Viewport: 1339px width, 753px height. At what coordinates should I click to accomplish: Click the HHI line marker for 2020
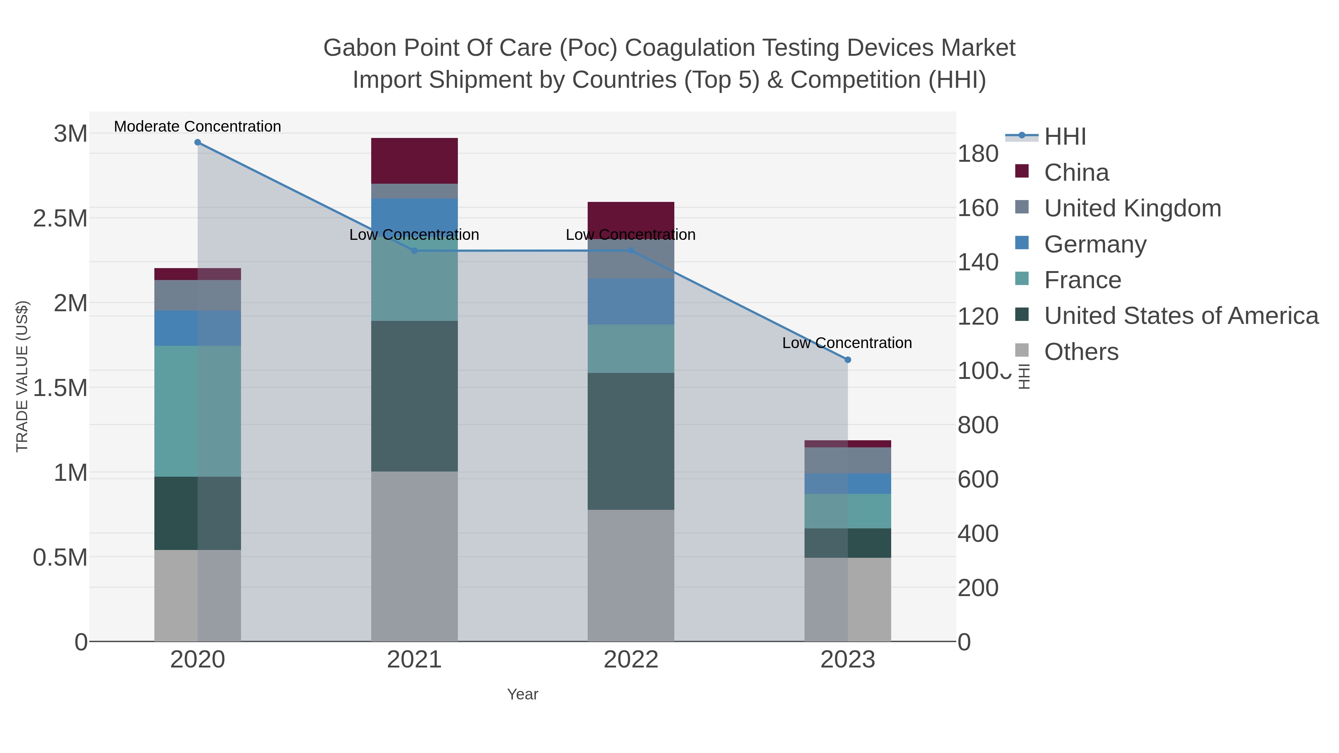coord(198,142)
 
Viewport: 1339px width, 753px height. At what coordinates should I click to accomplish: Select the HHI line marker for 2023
coord(848,360)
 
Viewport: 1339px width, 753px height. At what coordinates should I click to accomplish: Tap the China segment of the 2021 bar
coord(414,161)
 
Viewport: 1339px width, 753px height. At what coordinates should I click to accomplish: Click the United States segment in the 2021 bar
coord(414,396)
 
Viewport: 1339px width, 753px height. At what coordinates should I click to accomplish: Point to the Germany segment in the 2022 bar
coord(630,302)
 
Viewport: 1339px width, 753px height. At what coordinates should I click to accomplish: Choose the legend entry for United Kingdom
coord(1132,208)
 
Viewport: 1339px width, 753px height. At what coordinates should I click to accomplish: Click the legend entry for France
coord(1082,280)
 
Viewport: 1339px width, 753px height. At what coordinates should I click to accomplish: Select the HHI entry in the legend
coord(1065,137)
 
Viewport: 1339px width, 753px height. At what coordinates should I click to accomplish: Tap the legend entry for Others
coord(1080,352)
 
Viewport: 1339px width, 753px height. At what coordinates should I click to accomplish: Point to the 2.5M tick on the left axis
coord(60,219)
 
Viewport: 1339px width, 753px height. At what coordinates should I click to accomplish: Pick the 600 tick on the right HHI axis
coord(978,479)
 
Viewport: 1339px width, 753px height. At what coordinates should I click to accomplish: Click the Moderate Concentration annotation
coord(198,126)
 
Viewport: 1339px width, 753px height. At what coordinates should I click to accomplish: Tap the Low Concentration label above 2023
coord(847,343)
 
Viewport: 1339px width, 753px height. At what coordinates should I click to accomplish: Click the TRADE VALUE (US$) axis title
coord(22,376)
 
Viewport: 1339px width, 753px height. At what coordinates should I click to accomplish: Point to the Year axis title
coord(523,694)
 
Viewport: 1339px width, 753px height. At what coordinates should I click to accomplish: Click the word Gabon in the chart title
coord(360,48)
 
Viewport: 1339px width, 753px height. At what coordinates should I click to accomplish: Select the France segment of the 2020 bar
coord(198,411)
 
